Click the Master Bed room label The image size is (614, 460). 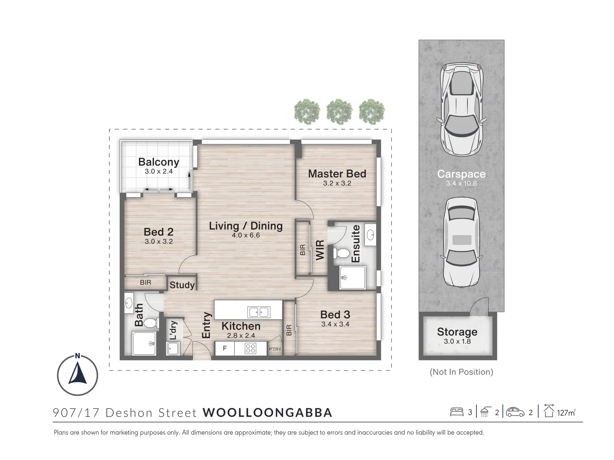[x=337, y=174]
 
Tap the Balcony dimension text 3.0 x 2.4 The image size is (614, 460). [x=159, y=172]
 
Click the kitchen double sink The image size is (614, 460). [x=259, y=312]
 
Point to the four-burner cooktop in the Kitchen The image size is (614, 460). [x=250, y=349]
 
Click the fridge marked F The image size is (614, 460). [x=225, y=348]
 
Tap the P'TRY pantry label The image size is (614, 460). [x=275, y=349]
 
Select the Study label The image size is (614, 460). [x=182, y=285]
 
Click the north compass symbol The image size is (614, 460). [x=78, y=375]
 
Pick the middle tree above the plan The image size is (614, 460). [x=339, y=112]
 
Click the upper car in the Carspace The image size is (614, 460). [x=461, y=109]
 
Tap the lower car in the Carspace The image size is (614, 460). [x=461, y=242]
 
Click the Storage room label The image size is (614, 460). [x=457, y=332]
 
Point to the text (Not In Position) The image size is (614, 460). [x=461, y=372]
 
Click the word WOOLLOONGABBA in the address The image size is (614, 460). [x=267, y=413]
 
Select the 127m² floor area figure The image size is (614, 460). [x=566, y=412]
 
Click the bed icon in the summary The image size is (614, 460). [x=457, y=412]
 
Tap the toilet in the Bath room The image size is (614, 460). [x=149, y=323]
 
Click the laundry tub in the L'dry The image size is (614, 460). [x=173, y=349]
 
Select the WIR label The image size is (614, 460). [x=320, y=250]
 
